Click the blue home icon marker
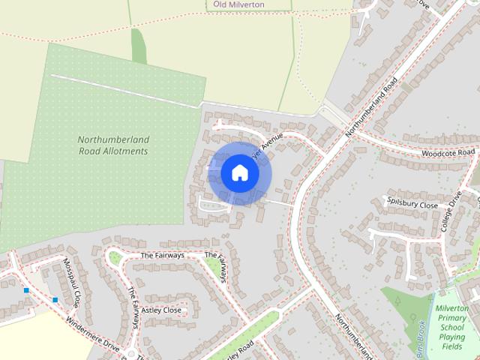coord(239,173)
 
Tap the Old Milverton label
coord(238,4)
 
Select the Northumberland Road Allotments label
coord(113,145)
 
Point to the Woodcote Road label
coord(448,153)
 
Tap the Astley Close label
coord(161,310)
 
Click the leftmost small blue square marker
coord(26,290)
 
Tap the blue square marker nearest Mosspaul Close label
coord(55,300)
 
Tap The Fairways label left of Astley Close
coord(133,307)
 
